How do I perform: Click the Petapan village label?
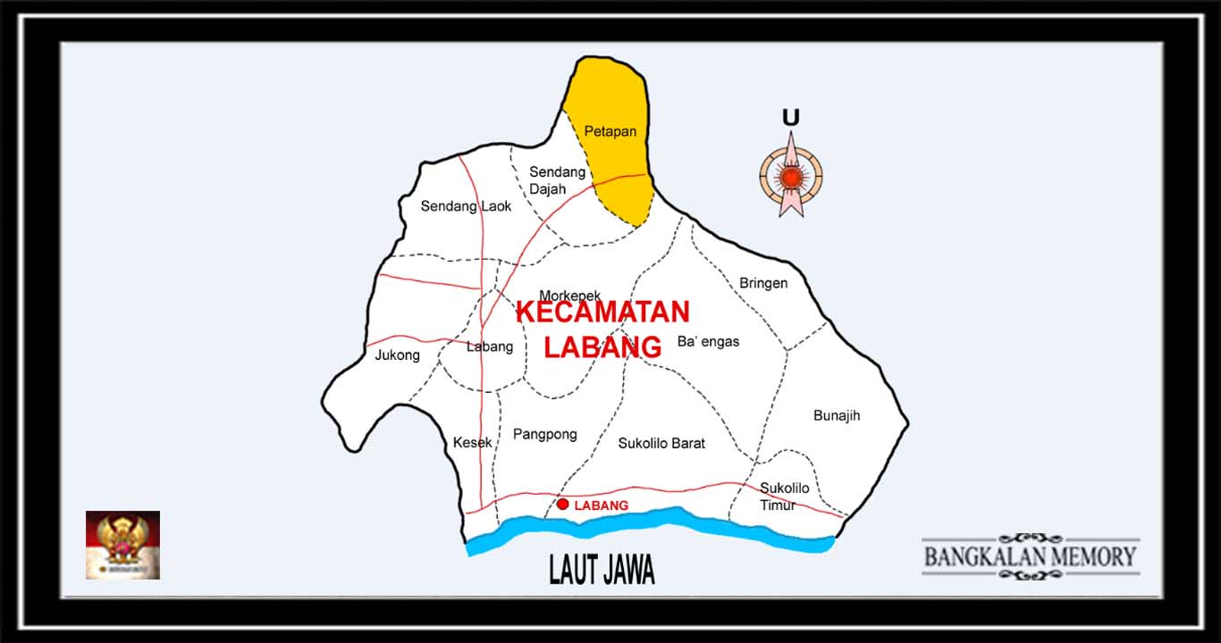(x=610, y=131)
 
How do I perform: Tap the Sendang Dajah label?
(x=556, y=180)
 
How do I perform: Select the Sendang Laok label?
(x=466, y=206)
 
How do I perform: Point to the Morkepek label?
(x=569, y=296)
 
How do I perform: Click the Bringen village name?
(x=763, y=283)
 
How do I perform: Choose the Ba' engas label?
(x=708, y=341)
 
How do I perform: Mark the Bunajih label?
(x=837, y=415)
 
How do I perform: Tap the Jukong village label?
(x=397, y=355)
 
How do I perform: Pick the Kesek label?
(x=472, y=442)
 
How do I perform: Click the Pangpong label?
(x=544, y=435)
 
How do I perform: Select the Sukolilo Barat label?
(x=661, y=443)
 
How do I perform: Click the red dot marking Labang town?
(x=562, y=505)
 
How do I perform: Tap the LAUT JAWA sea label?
(x=602, y=570)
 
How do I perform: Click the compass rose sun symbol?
(x=790, y=177)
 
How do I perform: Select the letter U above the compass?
(x=790, y=117)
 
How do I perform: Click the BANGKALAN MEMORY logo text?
(x=1030, y=556)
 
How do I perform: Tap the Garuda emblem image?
(x=122, y=545)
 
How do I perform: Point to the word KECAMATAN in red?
(x=602, y=313)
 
